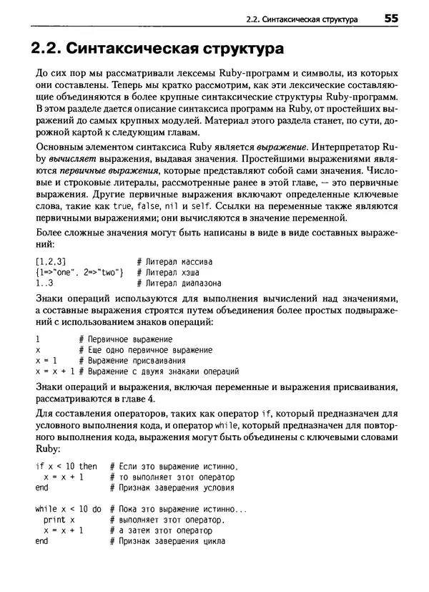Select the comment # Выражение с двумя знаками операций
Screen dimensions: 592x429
tap(159, 372)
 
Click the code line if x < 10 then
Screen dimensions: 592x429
tap(66, 466)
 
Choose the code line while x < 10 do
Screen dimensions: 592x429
tap(69, 509)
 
